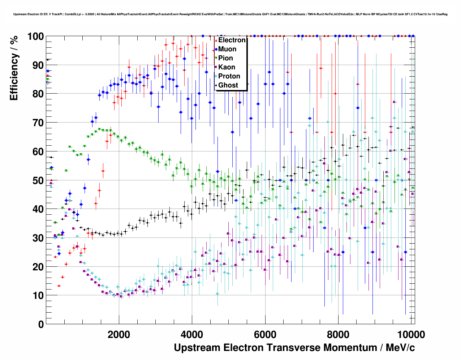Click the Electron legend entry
pyautogui.click(x=232, y=40)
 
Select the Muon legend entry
pyautogui.click(x=227, y=49)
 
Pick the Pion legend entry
pyautogui.click(x=225, y=58)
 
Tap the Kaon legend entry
pyautogui.click(x=227, y=67)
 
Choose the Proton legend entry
pyautogui.click(x=229, y=76)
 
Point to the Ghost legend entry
pyautogui.click(x=228, y=85)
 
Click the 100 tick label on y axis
pyautogui.click(x=35, y=37)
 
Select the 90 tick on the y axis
pyautogui.click(x=38, y=65)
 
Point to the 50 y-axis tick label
pyautogui.click(x=38, y=180)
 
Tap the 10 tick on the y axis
pyautogui.click(x=38, y=296)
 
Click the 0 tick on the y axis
pyautogui.click(x=40, y=325)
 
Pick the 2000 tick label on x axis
pyautogui.click(x=119, y=335)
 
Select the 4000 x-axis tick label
pyautogui.click(x=192, y=335)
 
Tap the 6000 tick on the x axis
pyautogui.click(x=265, y=335)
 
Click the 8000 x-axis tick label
pyautogui.click(x=338, y=335)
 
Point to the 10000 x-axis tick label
pyautogui.click(x=410, y=335)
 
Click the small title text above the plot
pyautogui.click(x=231, y=14)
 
